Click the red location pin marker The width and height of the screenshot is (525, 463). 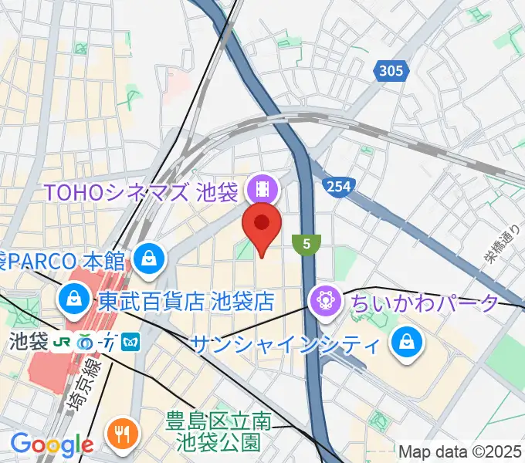tap(262, 225)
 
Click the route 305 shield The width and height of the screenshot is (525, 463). tap(391, 72)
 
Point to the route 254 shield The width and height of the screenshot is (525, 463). tap(337, 186)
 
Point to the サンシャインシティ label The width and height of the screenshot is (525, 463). tap(285, 343)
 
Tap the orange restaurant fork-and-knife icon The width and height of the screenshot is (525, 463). tap(121, 433)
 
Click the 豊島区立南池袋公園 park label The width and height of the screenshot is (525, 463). tap(219, 432)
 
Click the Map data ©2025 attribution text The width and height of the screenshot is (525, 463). tap(459, 451)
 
